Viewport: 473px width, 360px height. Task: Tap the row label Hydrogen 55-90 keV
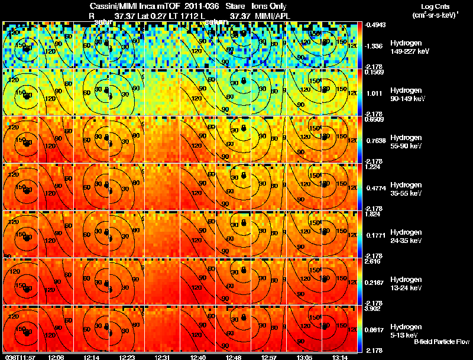tap(407, 142)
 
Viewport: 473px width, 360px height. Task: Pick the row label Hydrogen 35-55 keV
tap(407, 189)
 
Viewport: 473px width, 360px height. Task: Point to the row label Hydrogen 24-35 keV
tap(407, 236)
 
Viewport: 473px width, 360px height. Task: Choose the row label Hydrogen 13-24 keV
tap(407, 284)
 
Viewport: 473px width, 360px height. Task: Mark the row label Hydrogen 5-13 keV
tap(406, 330)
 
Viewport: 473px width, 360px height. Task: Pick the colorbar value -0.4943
tap(376, 25)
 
